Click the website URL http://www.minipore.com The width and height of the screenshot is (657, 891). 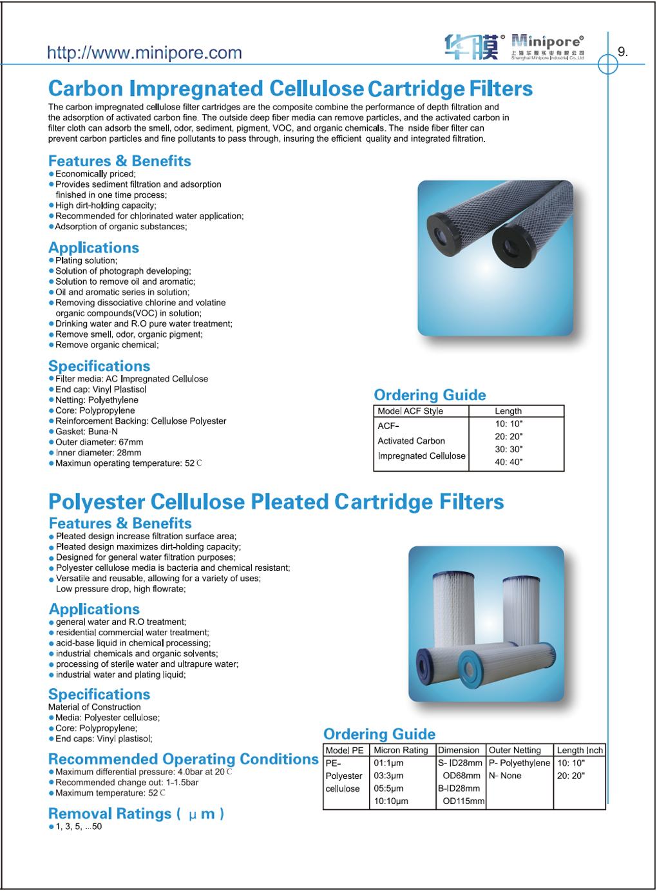point(144,53)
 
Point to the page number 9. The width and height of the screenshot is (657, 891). point(622,52)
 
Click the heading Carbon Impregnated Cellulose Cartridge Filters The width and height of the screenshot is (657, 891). point(290,88)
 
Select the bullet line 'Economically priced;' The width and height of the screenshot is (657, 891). point(95,174)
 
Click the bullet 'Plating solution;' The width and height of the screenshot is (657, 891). point(86,260)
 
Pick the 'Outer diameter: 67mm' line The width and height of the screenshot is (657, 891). point(99,442)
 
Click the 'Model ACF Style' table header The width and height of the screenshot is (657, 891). point(410,411)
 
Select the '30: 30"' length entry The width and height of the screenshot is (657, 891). point(508,449)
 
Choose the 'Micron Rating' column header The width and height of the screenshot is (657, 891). point(401,750)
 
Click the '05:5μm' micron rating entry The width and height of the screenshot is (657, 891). point(388,789)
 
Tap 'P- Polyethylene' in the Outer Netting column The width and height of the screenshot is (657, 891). point(519,763)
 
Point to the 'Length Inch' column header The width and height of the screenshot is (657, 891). point(580,750)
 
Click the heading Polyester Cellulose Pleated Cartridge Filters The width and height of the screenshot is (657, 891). point(276,501)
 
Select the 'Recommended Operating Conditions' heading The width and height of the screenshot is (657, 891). point(184,759)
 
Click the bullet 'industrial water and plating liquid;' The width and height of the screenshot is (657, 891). point(120,675)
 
